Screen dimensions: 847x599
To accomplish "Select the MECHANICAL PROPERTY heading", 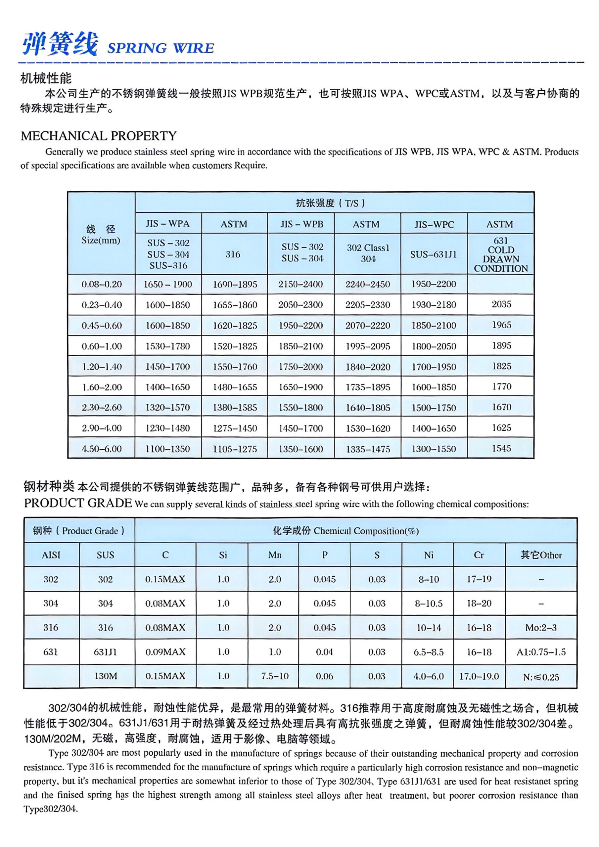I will pyautogui.click(x=99, y=136).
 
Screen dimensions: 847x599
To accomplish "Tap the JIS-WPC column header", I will pyautogui.click(x=434, y=224).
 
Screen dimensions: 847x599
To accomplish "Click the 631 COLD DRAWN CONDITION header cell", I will pyautogui.click(x=500, y=254).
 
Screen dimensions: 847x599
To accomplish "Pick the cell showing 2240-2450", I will pyautogui.click(x=368, y=284).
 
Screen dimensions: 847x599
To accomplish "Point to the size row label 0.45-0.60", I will pyautogui.click(x=102, y=325).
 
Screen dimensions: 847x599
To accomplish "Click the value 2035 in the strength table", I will pyautogui.click(x=501, y=304).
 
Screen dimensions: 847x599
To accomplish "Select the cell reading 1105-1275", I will pyautogui.click(x=235, y=449).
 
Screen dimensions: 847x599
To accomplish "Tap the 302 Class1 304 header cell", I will pyautogui.click(x=368, y=253).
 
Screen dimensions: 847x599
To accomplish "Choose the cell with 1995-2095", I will pyautogui.click(x=368, y=346).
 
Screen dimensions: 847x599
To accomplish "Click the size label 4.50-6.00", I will pyautogui.click(x=102, y=449).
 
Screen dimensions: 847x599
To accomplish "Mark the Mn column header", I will pyautogui.click(x=275, y=555).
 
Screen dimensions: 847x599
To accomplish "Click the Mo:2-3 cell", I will pyautogui.click(x=541, y=628).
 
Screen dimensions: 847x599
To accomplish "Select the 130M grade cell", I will pyautogui.click(x=106, y=676).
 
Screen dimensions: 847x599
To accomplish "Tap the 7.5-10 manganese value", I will pyautogui.click(x=275, y=676).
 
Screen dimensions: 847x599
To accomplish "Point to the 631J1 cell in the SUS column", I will pyautogui.click(x=106, y=652).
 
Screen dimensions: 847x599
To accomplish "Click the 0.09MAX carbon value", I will pyautogui.click(x=165, y=652).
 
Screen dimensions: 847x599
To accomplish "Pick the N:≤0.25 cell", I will pyautogui.click(x=541, y=677).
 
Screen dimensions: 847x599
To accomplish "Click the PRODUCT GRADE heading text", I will pyautogui.click(x=78, y=503).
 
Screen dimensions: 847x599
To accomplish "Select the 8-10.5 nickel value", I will pyautogui.click(x=429, y=603).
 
